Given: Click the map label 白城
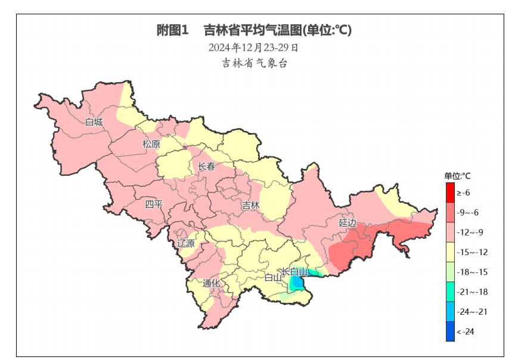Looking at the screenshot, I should (x=94, y=123).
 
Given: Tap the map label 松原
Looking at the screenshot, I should (x=151, y=144).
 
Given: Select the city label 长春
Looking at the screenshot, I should (x=207, y=167).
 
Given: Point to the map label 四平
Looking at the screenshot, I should (x=154, y=205).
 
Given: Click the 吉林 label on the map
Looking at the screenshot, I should (x=251, y=206).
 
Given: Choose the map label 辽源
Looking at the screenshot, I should (x=186, y=243).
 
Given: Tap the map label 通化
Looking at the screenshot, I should (x=211, y=283).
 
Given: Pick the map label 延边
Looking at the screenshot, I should (x=347, y=223).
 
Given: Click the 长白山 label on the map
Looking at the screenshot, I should (x=294, y=271).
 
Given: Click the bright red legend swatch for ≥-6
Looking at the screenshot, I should (x=450, y=193).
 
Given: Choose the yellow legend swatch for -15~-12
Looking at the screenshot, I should (x=450, y=252).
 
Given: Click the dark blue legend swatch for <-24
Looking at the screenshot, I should (x=450, y=331).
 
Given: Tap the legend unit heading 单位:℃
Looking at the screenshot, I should (x=457, y=176).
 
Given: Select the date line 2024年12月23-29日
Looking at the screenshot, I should (x=253, y=47).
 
